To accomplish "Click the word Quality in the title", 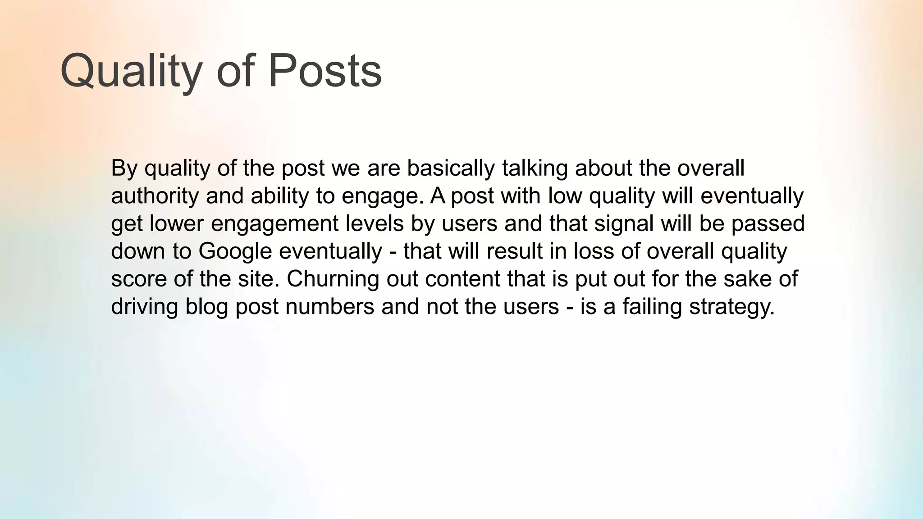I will (x=131, y=71).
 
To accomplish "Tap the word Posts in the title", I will (x=325, y=71).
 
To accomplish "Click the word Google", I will (x=235, y=251).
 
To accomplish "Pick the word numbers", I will (x=329, y=307).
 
